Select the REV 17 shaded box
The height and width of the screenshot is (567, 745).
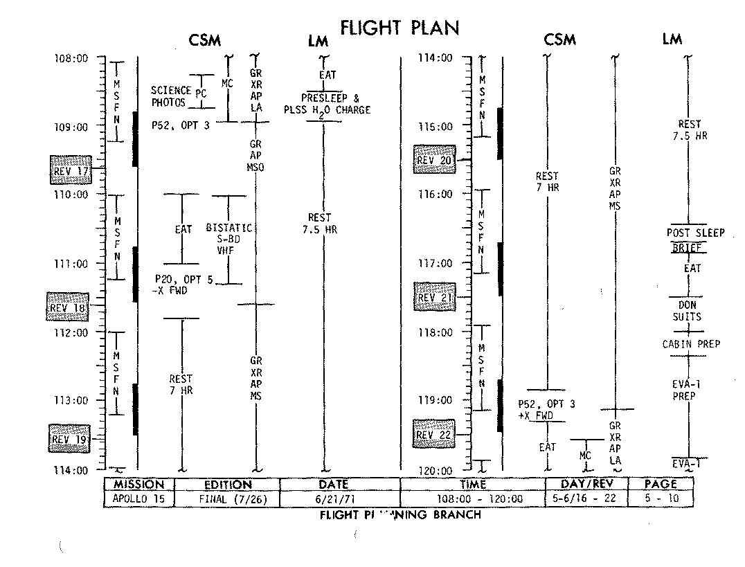click(x=71, y=168)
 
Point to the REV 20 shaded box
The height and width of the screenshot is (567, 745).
click(x=434, y=159)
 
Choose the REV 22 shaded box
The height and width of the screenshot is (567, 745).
click(x=433, y=434)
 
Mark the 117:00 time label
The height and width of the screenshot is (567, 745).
click(x=436, y=263)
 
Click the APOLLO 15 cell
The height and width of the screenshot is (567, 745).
click(x=138, y=498)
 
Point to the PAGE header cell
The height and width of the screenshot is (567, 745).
click(x=660, y=484)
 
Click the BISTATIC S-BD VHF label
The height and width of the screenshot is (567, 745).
click(x=229, y=240)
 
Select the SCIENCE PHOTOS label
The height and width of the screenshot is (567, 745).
click(x=170, y=96)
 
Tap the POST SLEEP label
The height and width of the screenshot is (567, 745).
click(x=695, y=233)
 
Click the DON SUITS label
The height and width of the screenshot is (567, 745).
click(x=687, y=311)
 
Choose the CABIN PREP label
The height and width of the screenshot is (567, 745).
click(x=691, y=344)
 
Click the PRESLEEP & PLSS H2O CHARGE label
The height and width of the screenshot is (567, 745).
click(x=327, y=104)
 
